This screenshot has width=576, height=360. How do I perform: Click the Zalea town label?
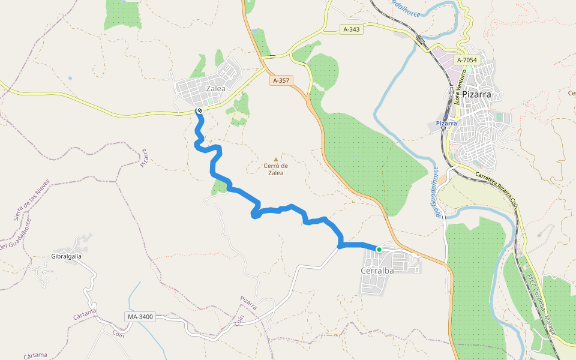pos(215,88)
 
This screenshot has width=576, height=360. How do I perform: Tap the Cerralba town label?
pos(377,271)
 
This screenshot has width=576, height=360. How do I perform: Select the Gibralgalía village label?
pos(66,256)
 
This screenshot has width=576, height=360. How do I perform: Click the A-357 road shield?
pos(280,80)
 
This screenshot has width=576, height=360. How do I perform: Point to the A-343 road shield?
pos(352,29)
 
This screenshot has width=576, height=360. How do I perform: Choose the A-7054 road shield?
pos(466,60)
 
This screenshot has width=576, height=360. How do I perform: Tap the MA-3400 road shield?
pos(140,316)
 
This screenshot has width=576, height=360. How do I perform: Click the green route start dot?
pos(379,249)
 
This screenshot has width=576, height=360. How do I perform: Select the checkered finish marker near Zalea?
pos(199,110)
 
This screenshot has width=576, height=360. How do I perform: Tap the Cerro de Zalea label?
pos(276,169)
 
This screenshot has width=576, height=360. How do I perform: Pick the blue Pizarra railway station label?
pos(446,124)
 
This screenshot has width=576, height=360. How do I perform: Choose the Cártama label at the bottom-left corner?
pos(35,355)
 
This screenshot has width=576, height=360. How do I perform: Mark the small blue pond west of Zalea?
pos(70,78)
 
